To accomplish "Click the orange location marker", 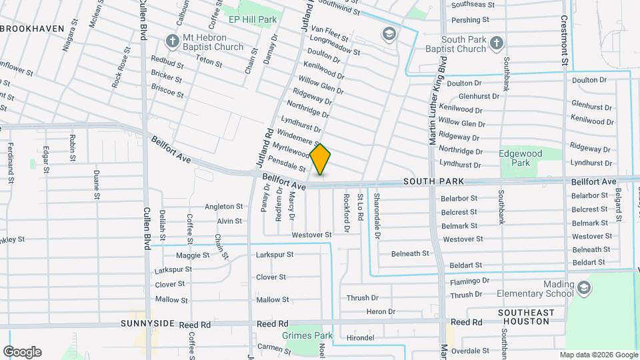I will [x=320, y=159].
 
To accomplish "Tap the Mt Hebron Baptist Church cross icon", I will [x=173, y=41].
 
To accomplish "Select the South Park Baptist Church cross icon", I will [x=495, y=44].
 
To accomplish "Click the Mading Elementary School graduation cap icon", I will [x=584, y=288].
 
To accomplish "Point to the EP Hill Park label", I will [x=253, y=20].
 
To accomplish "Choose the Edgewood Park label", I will [x=521, y=158].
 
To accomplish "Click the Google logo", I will [x=22, y=352].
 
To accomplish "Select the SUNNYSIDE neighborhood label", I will [x=148, y=323].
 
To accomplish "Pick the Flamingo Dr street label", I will [x=469, y=281].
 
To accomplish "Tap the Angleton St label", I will [x=224, y=207].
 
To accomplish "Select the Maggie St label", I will [x=193, y=255].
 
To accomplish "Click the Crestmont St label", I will [x=563, y=40].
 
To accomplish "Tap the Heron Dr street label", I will [x=381, y=311].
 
